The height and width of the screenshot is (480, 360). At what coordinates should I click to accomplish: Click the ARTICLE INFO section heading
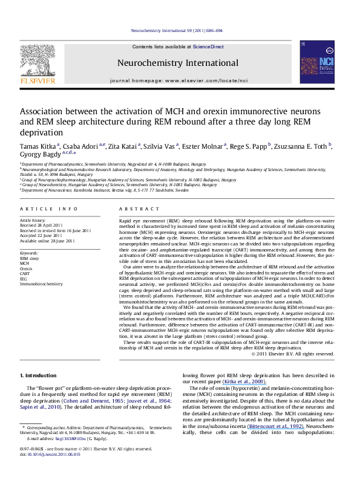[45, 209]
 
